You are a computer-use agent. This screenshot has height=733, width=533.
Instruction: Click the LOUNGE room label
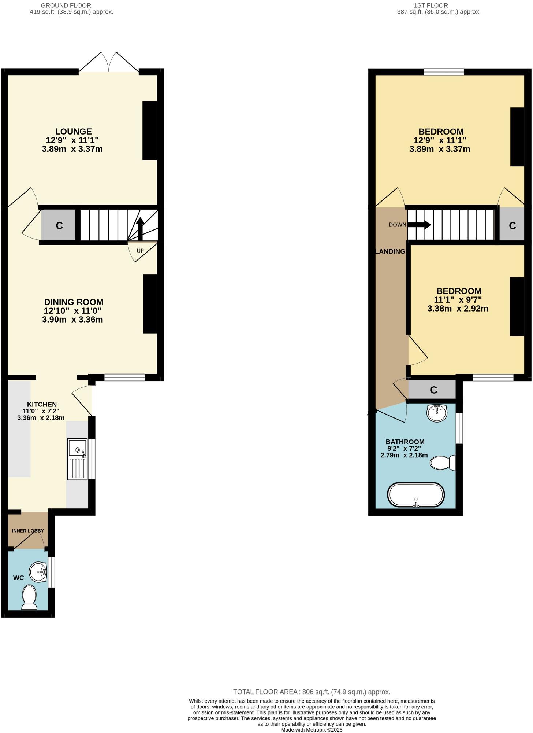(73, 132)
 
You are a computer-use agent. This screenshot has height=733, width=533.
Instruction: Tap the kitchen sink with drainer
(77, 459)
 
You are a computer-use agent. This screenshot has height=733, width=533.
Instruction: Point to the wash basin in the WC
(38, 572)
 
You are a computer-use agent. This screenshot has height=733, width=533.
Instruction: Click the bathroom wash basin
(437, 413)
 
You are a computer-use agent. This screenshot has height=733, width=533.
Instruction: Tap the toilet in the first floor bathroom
(443, 463)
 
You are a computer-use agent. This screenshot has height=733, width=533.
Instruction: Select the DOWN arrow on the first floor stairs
(420, 225)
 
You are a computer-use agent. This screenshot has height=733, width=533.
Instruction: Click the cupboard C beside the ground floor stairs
(59, 225)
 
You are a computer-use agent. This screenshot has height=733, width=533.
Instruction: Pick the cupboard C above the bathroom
(433, 390)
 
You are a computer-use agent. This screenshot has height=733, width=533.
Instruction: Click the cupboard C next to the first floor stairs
(512, 225)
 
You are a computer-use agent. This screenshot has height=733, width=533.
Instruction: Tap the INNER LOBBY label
(28, 531)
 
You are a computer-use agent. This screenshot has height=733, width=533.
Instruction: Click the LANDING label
(391, 251)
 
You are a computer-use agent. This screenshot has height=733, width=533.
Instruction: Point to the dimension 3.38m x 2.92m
(458, 309)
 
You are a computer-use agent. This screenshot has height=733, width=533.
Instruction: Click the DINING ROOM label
(74, 302)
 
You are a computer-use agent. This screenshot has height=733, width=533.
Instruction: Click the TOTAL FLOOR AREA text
(312, 692)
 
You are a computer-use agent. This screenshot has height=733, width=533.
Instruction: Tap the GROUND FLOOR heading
(66, 5)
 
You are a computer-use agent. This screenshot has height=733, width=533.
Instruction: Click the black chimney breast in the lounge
(149, 130)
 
